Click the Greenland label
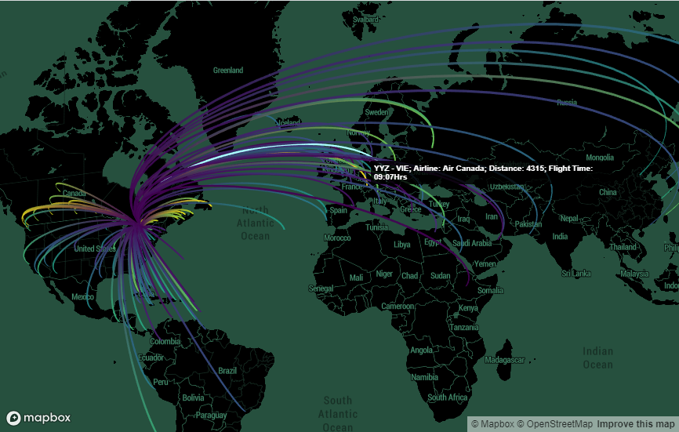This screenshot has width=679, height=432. pos(228,71)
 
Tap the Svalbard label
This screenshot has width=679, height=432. pos(365,20)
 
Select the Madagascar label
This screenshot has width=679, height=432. pos(505,360)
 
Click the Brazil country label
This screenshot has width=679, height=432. pos(227,371)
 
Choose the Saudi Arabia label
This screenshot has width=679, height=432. pos(470,244)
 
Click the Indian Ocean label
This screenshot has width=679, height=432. pos(597,358)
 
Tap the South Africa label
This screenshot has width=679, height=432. pos(448,398)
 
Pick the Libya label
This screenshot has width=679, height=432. pos(401,245)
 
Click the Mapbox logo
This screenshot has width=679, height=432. pos(38,418)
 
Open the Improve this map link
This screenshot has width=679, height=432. pos(635,424)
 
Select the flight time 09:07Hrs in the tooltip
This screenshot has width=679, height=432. pos(390,177)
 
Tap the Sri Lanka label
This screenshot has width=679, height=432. pos(576,274)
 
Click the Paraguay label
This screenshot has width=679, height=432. pos(211,415)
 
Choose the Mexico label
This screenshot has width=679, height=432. pos(82,297)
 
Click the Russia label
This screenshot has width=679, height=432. pos(567,103)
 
